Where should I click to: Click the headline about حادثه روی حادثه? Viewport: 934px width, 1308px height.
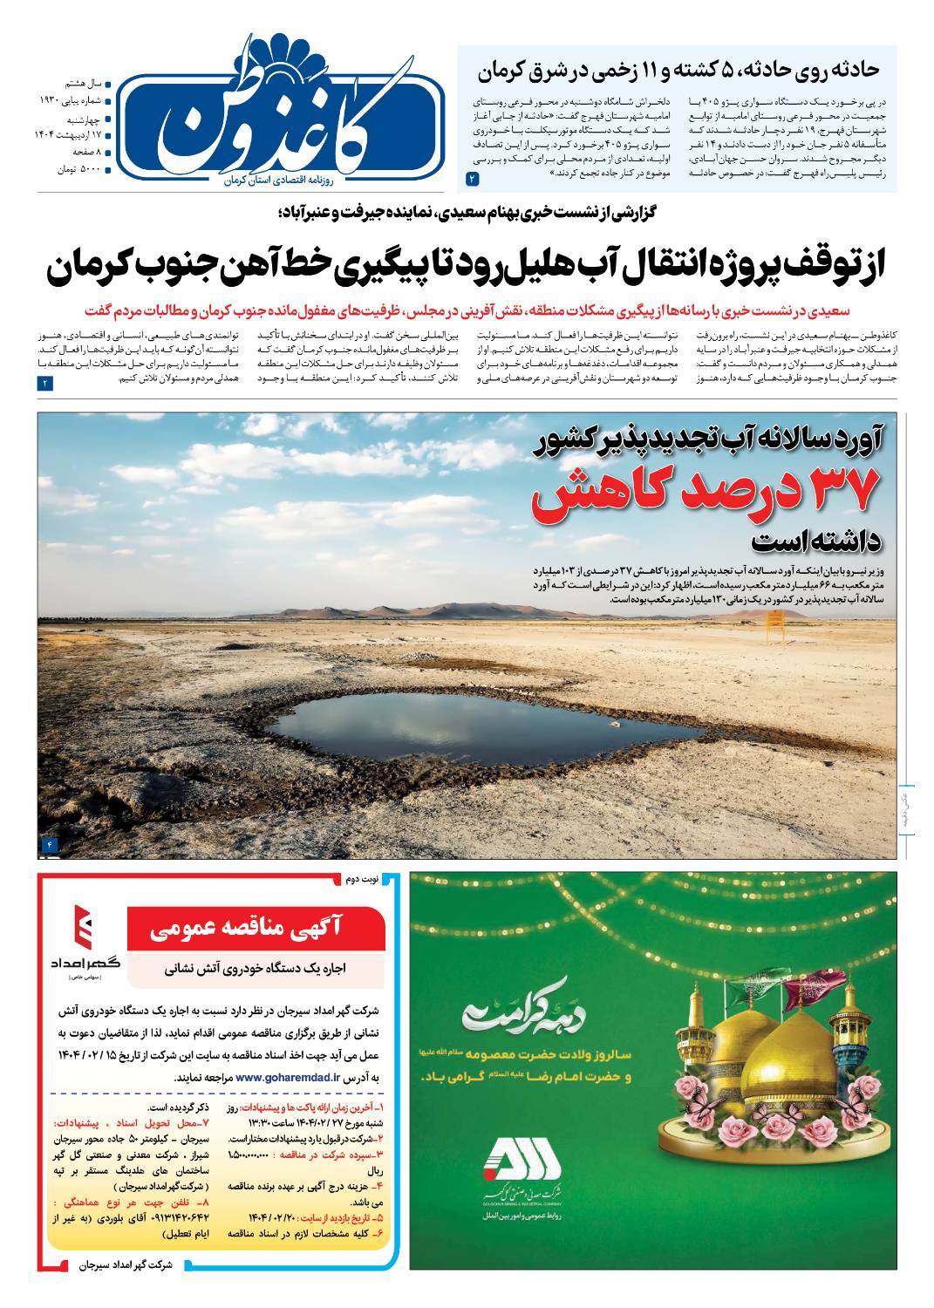pyautogui.click(x=678, y=71)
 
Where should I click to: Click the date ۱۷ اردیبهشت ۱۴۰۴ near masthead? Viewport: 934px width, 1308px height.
pyautogui.click(x=72, y=135)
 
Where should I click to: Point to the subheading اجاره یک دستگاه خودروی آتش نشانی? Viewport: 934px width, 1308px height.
pyautogui.click(x=257, y=967)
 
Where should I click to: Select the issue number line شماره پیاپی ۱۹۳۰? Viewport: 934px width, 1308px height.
pyautogui.click(x=72, y=100)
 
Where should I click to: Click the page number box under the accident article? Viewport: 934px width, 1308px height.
pyautogui.click(x=473, y=179)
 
